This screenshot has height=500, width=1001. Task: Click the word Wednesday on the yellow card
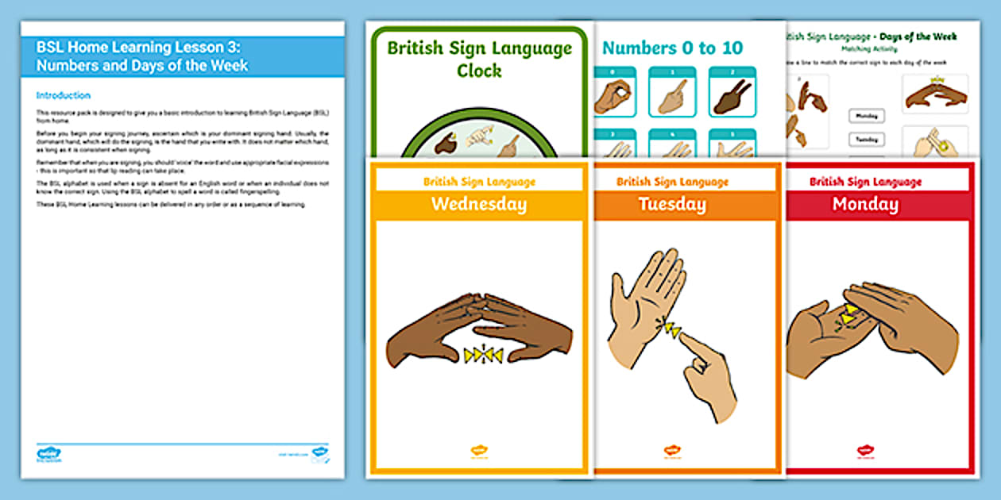[478, 205]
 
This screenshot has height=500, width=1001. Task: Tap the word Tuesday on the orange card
[672, 205]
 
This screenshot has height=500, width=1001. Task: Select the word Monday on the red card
[865, 205]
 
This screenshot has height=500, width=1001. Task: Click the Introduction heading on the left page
[64, 95]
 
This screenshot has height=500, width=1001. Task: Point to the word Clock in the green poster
[479, 71]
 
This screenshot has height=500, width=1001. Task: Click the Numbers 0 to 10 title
[672, 48]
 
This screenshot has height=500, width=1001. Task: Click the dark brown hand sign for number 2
[732, 97]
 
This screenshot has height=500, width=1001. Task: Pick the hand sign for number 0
[612, 97]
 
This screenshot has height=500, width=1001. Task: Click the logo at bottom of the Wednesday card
[479, 451]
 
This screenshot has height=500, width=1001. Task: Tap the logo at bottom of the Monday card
[865, 451]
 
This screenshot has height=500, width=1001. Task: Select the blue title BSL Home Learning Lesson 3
[141, 56]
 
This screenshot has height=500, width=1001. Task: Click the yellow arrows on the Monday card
[850, 314]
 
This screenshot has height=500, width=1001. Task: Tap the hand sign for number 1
[672, 97]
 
